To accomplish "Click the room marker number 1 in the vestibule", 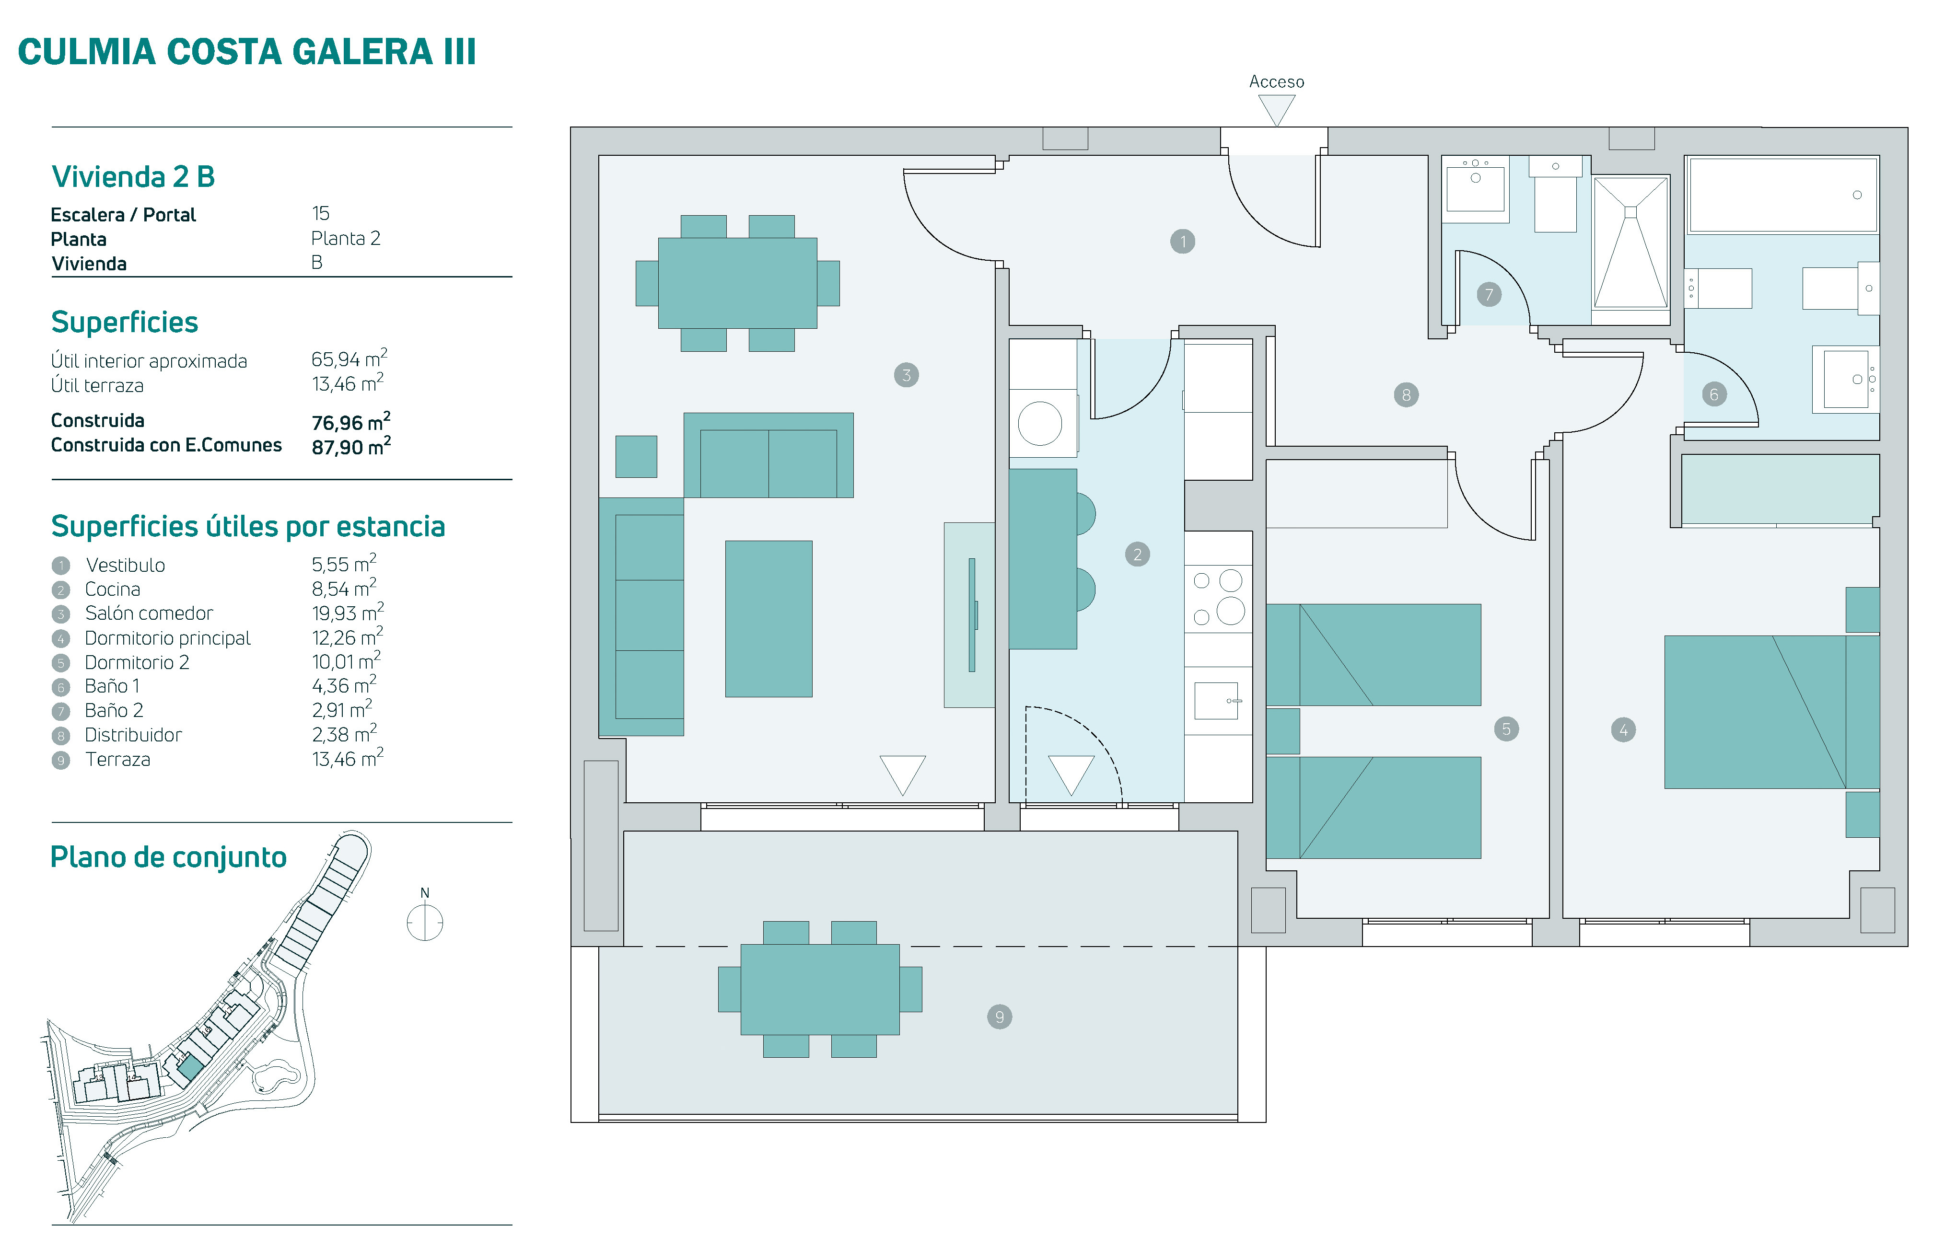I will [x=1183, y=242].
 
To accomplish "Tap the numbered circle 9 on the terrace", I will [x=1000, y=1017].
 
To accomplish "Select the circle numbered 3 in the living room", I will [x=906, y=375].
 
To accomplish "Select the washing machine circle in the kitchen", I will [x=1040, y=423].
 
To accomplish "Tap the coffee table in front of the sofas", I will [x=769, y=618].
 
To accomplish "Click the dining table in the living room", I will [x=737, y=283].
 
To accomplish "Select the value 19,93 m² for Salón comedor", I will [x=347, y=613].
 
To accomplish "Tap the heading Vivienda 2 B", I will [x=133, y=177].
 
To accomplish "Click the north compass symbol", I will [x=425, y=922].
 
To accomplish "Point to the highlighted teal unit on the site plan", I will [x=190, y=1067].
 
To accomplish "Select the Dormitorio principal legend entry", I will [x=167, y=638].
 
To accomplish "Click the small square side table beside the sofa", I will [x=636, y=456].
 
